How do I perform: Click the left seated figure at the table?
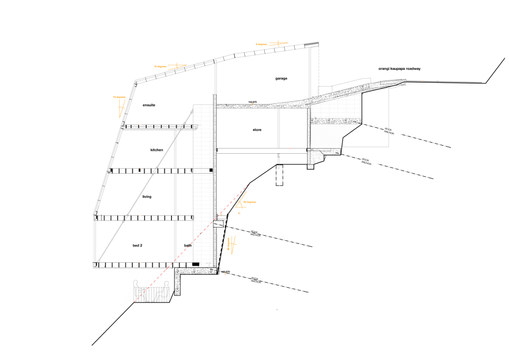point(137,291)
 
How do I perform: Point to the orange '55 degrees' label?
point(249,202)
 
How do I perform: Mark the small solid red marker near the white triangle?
point(290,149)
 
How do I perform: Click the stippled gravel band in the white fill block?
point(336,121)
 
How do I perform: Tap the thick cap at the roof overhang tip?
point(312,44)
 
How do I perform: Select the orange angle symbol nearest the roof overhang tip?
point(278,44)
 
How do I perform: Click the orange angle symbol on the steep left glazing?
point(121,107)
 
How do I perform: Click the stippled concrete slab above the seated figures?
point(196,271)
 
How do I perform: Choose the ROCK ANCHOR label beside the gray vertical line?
point(392,132)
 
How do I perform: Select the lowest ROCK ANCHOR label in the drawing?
point(259,281)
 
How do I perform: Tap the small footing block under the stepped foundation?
point(310,166)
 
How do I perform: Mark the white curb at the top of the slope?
point(404,82)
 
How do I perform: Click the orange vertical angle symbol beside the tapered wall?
point(232,245)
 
